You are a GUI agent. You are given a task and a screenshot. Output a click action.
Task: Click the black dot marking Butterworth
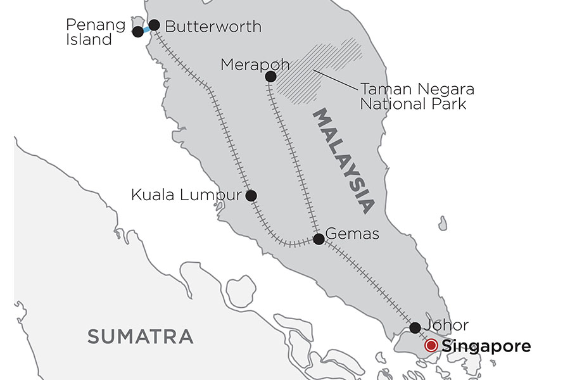(154, 25)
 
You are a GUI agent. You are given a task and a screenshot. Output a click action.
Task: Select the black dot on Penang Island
(137, 31)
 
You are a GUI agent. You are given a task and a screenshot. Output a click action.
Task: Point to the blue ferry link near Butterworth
(146, 29)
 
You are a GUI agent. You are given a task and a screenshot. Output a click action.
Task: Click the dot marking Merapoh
(270, 77)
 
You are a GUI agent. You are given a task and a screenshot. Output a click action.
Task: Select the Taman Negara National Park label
(417, 96)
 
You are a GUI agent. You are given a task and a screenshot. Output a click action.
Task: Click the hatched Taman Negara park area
(317, 70)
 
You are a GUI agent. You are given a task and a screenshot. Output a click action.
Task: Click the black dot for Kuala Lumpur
(251, 196)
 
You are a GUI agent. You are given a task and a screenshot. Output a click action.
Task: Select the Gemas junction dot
(319, 239)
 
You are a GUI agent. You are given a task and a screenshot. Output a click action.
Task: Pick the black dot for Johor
(415, 327)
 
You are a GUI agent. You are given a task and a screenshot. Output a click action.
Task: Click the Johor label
(447, 326)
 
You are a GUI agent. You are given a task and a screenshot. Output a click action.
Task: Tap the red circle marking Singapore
(431, 346)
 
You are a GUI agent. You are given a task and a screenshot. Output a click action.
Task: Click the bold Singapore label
(486, 346)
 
